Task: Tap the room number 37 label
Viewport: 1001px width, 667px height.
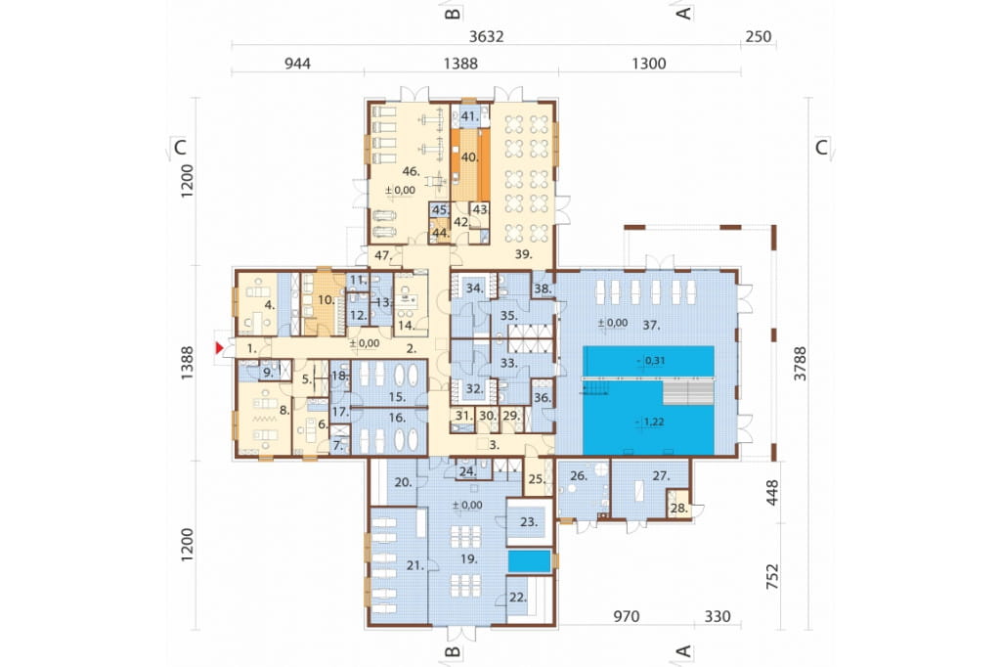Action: pos(651,326)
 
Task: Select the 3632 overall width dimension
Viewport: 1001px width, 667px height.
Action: pos(487,36)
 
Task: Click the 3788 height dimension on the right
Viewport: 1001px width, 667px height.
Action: pos(800,364)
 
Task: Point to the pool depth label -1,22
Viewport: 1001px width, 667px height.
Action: pos(651,422)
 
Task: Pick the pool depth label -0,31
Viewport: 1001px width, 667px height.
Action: pos(651,360)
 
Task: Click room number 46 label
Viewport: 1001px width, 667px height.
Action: pos(411,170)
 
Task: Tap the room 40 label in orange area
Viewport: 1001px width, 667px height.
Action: pos(470,157)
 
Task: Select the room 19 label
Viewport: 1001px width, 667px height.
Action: pos(469,559)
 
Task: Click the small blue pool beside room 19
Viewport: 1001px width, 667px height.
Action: pos(529,561)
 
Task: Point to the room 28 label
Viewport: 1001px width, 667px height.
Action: pos(679,509)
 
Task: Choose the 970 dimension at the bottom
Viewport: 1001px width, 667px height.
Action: pos(627,616)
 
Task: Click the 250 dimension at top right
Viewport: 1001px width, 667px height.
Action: pos(759,36)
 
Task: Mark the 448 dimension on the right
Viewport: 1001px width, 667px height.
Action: pos(772,493)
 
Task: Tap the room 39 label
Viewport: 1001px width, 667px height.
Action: pos(524,254)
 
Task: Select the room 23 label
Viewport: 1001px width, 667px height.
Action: pos(529,522)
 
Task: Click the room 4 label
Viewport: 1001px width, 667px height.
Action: pos(270,305)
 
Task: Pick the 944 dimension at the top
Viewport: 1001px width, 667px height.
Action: pos(297,64)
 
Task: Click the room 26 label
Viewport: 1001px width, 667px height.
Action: pos(579,476)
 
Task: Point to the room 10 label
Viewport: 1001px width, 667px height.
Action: pos(326,299)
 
